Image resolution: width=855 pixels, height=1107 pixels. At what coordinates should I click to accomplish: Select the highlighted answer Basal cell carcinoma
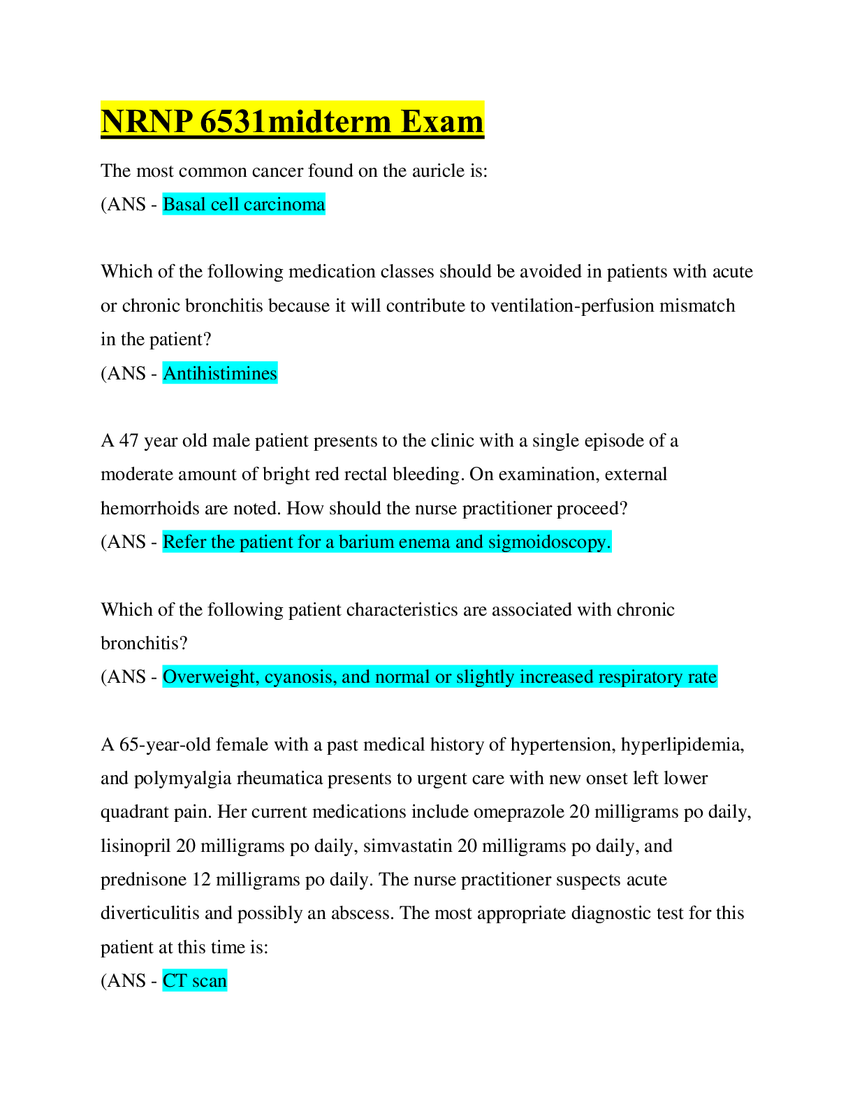[x=244, y=204]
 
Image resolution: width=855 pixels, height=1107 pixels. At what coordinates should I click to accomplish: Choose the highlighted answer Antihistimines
[x=220, y=373]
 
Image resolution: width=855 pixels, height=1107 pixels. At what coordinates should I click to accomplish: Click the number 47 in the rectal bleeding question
[x=129, y=440]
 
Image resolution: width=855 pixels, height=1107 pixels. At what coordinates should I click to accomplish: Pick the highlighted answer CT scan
[x=195, y=981]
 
